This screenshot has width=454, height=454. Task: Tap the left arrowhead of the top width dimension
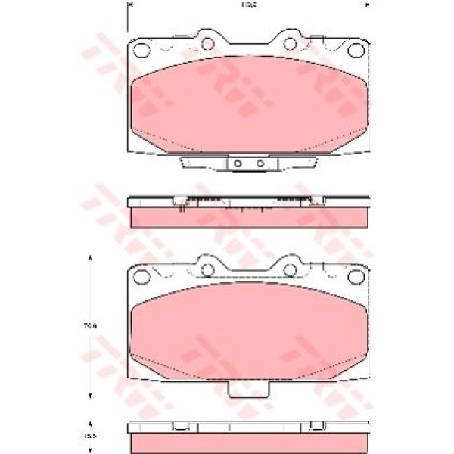[x=128, y=5]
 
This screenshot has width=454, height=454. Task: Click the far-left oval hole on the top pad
[x=141, y=51]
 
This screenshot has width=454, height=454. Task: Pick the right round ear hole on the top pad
[x=290, y=43]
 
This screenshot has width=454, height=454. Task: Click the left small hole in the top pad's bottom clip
[x=238, y=163]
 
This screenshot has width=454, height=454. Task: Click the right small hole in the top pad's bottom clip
[x=260, y=163]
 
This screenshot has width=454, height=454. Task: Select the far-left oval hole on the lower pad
[x=141, y=276]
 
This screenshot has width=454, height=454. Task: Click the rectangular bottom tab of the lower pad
[x=248, y=390]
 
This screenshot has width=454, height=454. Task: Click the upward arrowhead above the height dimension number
[x=92, y=258]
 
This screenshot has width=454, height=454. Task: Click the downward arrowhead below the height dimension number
[x=92, y=396]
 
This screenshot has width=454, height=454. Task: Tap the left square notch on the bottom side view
[x=179, y=427]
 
